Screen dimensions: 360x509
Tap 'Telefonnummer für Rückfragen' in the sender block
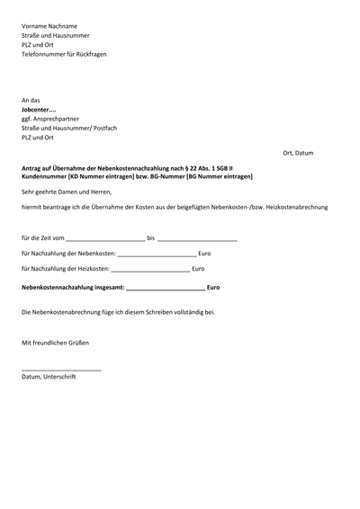click(64, 55)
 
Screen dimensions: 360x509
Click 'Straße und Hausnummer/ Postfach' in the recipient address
click(69, 129)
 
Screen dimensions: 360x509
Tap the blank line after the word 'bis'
click(197, 241)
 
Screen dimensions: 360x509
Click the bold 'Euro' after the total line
click(213, 288)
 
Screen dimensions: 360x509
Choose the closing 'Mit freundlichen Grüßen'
click(55, 343)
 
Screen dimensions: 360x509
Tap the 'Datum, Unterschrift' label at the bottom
click(49, 377)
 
